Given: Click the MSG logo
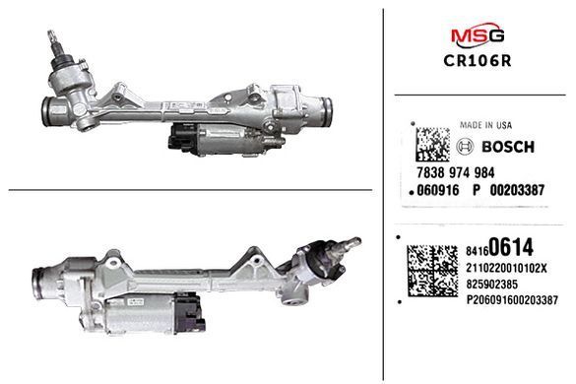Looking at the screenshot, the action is (x=478, y=34).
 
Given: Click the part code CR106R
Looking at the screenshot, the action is (x=478, y=61).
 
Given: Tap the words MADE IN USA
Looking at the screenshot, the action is (x=485, y=125).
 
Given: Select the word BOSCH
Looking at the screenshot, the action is (x=508, y=147).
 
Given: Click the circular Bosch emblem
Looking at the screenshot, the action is (x=465, y=147).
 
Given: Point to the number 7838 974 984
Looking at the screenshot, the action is (x=456, y=172).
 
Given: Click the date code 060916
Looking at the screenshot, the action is (x=438, y=190).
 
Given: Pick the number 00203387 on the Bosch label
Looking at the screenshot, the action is (x=517, y=190).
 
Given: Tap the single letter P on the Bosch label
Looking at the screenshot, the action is (x=477, y=190).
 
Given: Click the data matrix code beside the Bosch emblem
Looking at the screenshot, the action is (x=432, y=145).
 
